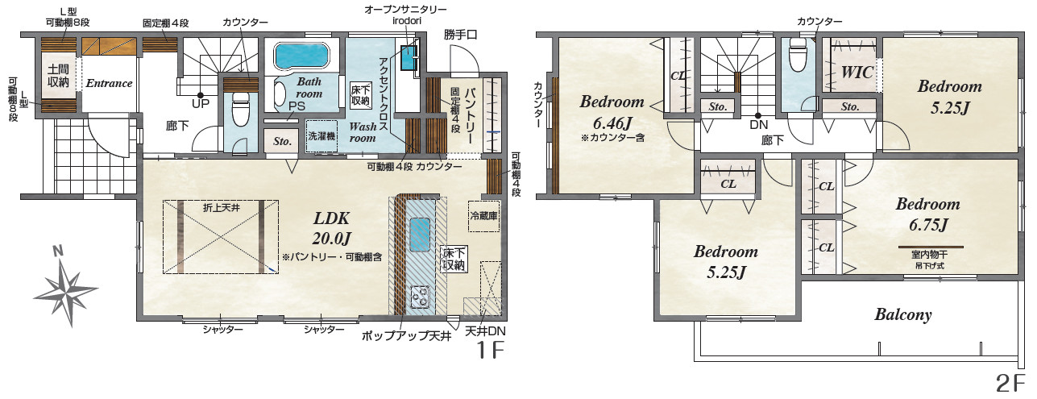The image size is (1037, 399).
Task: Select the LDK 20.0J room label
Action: pos(331,228)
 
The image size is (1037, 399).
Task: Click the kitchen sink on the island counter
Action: pos(420,235)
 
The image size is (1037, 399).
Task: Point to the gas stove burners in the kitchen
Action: pos(421,297)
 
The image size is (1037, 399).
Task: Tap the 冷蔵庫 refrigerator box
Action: pos(483,216)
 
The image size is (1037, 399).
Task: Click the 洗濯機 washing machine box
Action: pos(321,136)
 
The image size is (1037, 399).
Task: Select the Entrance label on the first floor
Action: pos(109,83)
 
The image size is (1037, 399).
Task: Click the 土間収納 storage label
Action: pos(58,76)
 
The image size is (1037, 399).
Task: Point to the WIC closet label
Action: pos(857,73)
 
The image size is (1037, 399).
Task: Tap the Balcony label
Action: pos(902,314)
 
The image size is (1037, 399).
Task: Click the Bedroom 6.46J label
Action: pos(612,113)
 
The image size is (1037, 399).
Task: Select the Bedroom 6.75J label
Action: pos(927,214)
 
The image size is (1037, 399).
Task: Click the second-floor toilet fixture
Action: pos(798,55)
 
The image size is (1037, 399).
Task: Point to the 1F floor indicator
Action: pos(490,351)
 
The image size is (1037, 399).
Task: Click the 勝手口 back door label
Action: pos(460,35)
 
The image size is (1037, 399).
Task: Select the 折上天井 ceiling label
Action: pos(222,208)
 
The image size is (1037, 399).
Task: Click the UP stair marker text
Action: pos(201,104)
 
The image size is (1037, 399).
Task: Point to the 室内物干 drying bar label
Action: pos(929,255)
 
